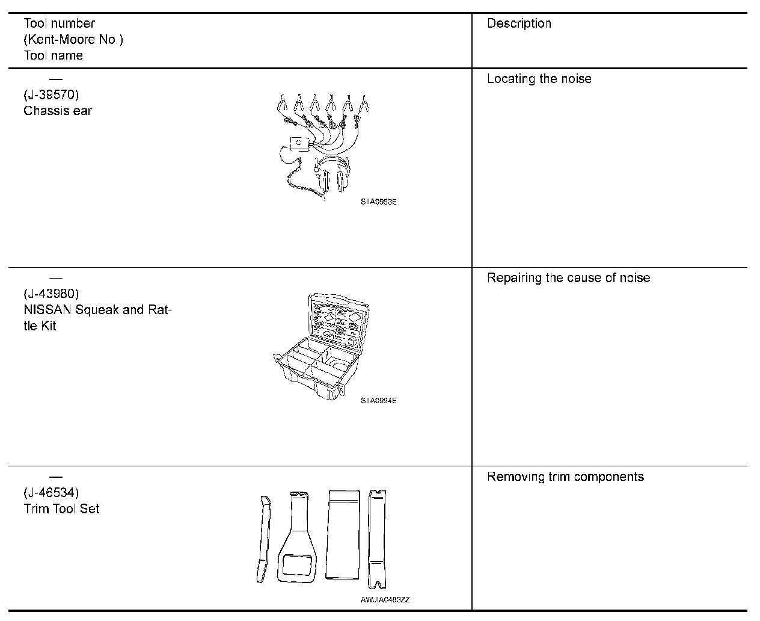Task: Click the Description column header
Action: [x=519, y=23]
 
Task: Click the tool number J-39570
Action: [x=51, y=95]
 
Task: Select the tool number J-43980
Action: [x=51, y=294]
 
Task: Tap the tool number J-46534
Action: [x=51, y=493]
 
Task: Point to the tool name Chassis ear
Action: [x=58, y=111]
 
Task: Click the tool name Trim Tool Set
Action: [x=61, y=508]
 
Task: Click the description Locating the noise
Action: [x=539, y=79]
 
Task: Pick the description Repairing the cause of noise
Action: [x=568, y=278]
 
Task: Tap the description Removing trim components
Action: [x=565, y=477]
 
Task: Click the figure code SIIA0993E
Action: [x=378, y=202]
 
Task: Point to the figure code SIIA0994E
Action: [x=378, y=401]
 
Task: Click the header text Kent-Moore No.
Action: [x=73, y=40]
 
